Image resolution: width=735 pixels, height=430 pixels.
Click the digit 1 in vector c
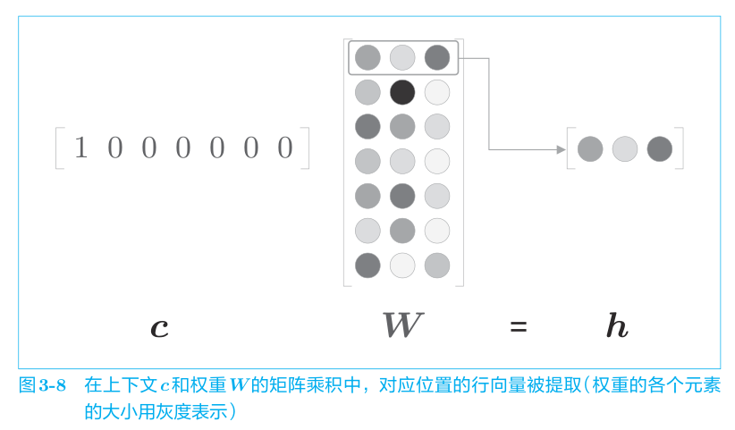[x=81, y=148]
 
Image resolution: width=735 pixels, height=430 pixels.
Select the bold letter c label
[x=159, y=327]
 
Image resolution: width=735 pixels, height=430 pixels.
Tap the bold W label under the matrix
[x=403, y=325]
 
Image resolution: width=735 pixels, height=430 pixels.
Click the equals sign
[x=519, y=326]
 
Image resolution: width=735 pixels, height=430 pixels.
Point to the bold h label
[x=617, y=325]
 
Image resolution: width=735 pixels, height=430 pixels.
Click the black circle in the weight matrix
[x=402, y=92]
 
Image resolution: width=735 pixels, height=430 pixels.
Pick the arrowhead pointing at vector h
[x=562, y=149]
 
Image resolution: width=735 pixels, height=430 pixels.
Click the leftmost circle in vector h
[x=590, y=149]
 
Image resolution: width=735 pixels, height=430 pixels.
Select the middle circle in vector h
[x=625, y=149]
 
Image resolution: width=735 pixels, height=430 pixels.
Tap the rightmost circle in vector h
[x=660, y=149]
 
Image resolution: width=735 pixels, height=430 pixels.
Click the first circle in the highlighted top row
[x=367, y=57]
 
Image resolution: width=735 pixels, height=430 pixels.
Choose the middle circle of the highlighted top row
[x=402, y=57]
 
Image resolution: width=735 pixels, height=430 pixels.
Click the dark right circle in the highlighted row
[x=437, y=57]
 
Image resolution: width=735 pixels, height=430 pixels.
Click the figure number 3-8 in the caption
[x=52, y=385]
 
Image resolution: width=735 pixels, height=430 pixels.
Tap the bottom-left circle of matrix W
[x=367, y=266]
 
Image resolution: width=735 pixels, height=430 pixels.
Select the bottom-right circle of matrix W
[x=437, y=266]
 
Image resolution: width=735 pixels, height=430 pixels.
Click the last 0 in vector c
[x=285, y=148]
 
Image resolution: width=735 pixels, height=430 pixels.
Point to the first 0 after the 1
[x=114, y=148]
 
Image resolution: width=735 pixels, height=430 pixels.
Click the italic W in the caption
[x=239, y=385]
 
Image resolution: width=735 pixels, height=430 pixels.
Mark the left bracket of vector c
[x=57, y=148]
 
